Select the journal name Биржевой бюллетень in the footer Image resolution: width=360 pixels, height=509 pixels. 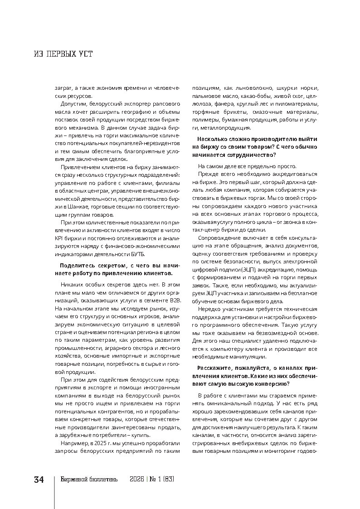(x=89, y=480)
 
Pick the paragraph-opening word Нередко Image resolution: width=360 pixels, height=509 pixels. (x=209, y=309)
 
